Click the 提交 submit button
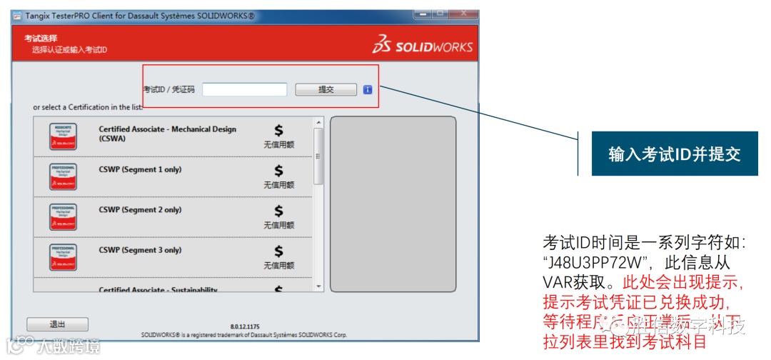pos(326,90)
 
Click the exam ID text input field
pos(244,90)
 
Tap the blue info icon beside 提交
pos(368,90)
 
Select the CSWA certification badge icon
pos(64,136)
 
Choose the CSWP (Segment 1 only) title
pos(140,170)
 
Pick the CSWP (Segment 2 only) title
pos(140,210)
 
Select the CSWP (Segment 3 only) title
pos(140,250)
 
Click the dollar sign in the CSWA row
pos(278,130)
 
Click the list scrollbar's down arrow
pos(318,286)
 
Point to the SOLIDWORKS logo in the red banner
pos(422,46)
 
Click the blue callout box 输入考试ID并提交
pos(674,154)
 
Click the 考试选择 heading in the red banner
pos(41,39)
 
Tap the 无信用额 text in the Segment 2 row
pos(278,225)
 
